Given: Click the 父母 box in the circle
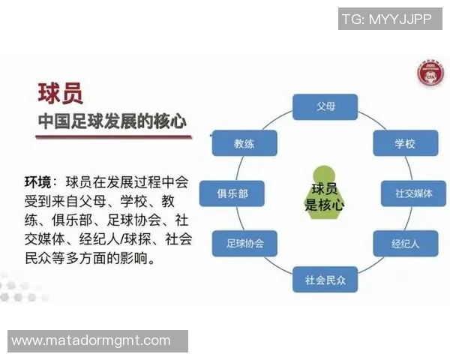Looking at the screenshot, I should tap(325, 107).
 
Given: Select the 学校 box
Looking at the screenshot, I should tap(405, 143).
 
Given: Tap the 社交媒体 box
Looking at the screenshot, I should tap(414, 193).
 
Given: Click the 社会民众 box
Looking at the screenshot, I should tap(325, 280).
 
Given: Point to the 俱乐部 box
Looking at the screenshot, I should tap(232, 193).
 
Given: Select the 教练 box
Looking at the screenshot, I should tap(244, 143).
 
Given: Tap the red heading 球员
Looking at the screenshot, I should tap(60, 93).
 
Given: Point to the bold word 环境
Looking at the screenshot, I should tap(38, 182).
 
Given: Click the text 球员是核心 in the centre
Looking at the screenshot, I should tap(324, 196).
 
